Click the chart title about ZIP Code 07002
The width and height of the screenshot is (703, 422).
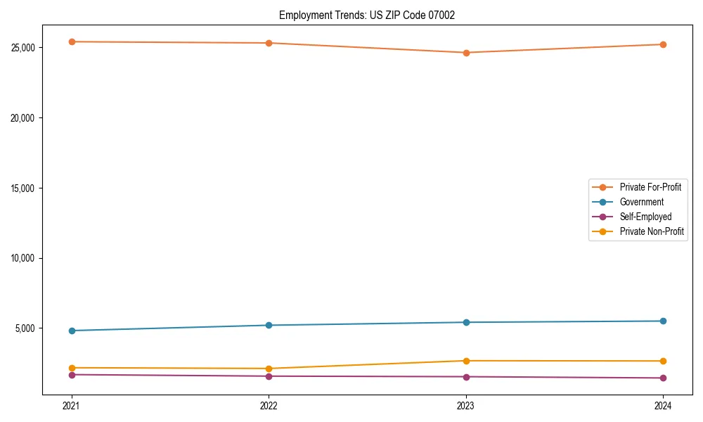[367, 15]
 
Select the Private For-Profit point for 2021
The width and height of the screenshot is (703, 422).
[72, 41]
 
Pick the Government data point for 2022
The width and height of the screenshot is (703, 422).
[269, 325]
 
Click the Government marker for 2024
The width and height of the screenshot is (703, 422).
[663, 321]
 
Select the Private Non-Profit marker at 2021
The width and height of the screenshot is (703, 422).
[72, 368]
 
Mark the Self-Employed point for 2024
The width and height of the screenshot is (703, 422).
[663, 378]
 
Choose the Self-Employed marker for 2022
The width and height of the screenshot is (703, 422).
[269, 376]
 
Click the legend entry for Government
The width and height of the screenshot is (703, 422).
[641, 202]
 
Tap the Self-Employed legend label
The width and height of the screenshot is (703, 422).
[645, 217]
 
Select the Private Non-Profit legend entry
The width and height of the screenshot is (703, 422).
[652, 231]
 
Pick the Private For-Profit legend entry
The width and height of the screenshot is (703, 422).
[650, 187]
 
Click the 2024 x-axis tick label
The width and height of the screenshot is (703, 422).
[663, 405]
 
